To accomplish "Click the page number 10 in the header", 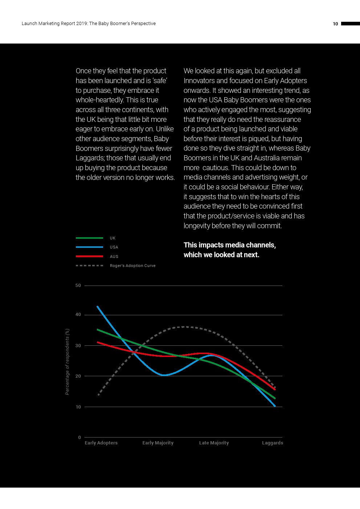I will (x=335, y=24).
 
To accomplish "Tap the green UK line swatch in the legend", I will (x=89, y=238).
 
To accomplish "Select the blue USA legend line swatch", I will (x=89, y=247).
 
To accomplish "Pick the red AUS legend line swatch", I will (x=89, y=256).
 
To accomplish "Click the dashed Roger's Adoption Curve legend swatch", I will (x=89, y=266).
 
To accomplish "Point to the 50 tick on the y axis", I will (x=78, y=286).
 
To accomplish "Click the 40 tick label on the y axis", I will (x=78, y=315).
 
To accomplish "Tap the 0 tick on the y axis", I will (x=79, y=438).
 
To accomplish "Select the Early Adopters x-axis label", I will (x=101, y=443).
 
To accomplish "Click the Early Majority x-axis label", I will (x=158, y=443).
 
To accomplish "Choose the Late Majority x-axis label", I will (x=214, y=443).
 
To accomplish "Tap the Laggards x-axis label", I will (x=273, y=443).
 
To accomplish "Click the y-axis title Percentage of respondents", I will (x=67, y=362).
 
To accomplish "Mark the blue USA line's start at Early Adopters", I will (x=98, y=307).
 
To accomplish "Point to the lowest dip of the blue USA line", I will (x=164, y=375).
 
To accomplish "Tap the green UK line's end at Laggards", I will (x=275, y=398).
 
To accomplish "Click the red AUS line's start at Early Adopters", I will (x=98, y=342).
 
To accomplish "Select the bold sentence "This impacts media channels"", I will (x=229, y=250).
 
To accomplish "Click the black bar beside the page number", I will (x=350, y=24).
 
